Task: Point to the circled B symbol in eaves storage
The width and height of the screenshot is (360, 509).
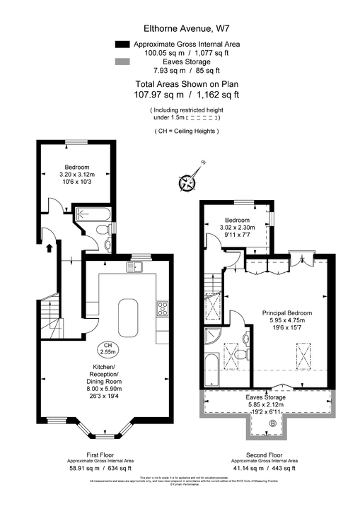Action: pyautogui.click(x=272, y=423)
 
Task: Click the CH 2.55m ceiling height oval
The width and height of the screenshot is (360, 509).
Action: pyautogui.click(x=108, y=348)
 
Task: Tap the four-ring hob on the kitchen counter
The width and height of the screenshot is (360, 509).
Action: pyautogui.click(x=162, y=308)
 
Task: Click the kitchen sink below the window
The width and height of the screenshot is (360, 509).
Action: pyautogui.click(x=134, y=267)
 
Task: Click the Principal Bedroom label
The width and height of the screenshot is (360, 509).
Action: pyautogui.click(x=286, y=312)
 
